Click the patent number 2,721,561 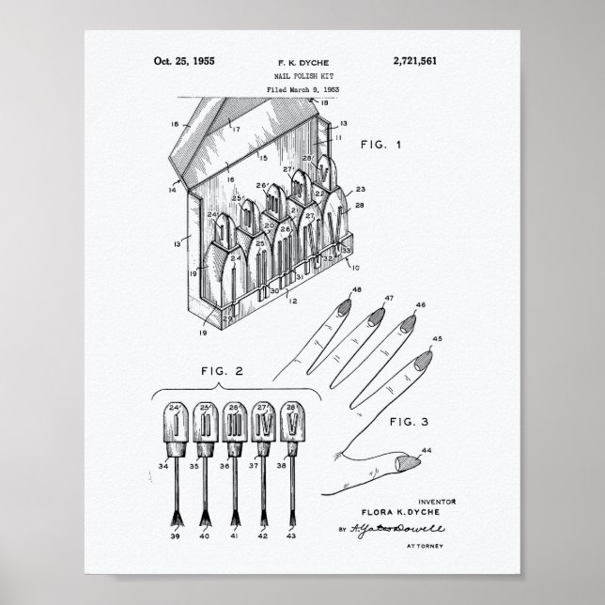[411, 62]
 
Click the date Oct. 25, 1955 [184, 62]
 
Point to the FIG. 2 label [222, 371]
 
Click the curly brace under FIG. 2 [222, 390]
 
